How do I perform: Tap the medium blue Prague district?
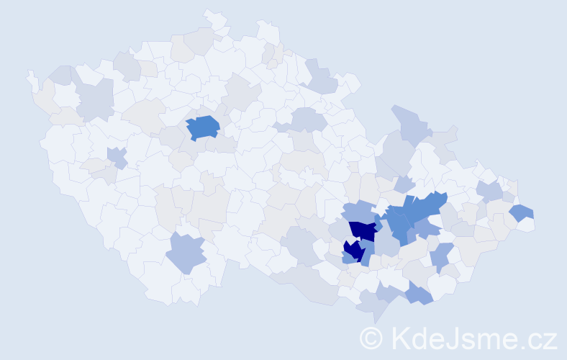tap(203, 127)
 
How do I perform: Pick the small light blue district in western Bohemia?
tap(117, 156)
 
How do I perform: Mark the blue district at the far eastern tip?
tap(522, 212)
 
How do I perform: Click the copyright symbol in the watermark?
tap(372, 337)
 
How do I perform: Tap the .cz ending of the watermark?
tap(537, 337)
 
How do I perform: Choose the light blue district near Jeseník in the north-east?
tap(410, 122)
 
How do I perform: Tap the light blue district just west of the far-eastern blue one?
tap(490, 191)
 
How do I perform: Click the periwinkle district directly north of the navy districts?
tap(358, 212)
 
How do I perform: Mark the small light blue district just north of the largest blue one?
tap(404, 184)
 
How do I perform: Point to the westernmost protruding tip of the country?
tap(30, 74)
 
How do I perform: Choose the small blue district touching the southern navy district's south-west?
tap(348, 258)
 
